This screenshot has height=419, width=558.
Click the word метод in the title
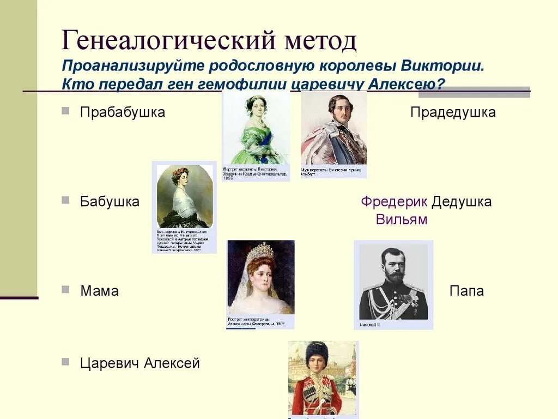point(319,40)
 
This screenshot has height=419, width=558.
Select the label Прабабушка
point(123,112)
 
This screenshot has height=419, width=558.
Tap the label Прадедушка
point(453,112)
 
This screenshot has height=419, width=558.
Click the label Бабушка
point(110,201)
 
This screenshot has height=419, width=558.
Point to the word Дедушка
point(462,201)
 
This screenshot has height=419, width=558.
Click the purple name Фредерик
point(394,201)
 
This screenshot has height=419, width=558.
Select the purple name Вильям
point(402,219)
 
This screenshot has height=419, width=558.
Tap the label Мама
point(99,291)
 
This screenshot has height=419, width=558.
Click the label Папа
point(466,291)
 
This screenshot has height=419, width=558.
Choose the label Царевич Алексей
point(140,363)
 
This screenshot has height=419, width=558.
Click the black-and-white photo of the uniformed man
point(393,282)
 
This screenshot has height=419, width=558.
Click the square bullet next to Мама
point(65,289)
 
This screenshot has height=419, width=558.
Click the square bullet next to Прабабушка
point(65,111)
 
